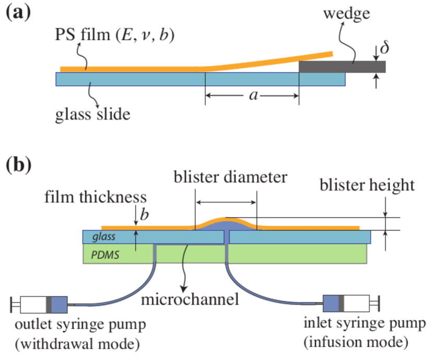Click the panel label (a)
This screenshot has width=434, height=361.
coord(18,13)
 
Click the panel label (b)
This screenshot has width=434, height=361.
coord(19,165)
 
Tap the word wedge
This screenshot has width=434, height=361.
coord(347,14)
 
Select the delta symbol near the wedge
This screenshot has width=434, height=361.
coord(385,47)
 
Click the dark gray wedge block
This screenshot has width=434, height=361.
coord(342,67)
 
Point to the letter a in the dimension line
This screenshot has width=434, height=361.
coord(253,95)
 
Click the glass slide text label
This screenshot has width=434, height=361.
coord(93,114)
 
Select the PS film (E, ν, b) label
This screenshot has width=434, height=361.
coord(114,35)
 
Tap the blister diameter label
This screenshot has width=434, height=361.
coord(230,177)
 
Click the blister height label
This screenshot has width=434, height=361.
coord(367,185)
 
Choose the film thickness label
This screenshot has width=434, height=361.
coord(96,197)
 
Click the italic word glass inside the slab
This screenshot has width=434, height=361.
coord(104,237)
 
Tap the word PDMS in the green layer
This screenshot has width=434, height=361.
coord(105,255)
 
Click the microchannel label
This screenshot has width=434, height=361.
coord(190,299)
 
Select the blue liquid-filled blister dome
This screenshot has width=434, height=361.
coord(227,225)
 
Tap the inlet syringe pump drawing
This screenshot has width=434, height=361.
coord(351,303)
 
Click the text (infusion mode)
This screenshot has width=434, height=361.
coord(356,343)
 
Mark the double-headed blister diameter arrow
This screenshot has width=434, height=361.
coord(226,202)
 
